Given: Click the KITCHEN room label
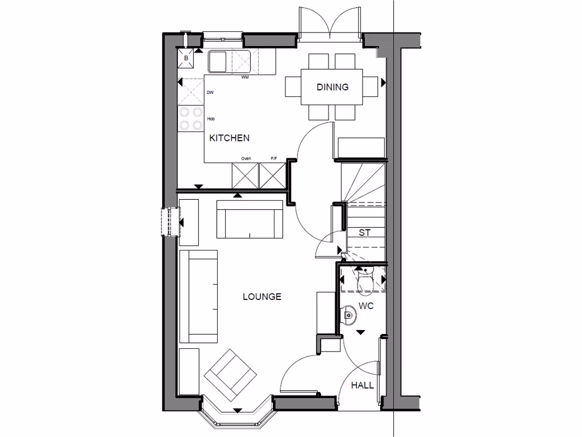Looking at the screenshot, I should coord(229,138).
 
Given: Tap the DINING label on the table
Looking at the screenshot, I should coord(332,87).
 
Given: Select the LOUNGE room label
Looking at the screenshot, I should coord(261,296).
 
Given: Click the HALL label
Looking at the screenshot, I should coord(362,385).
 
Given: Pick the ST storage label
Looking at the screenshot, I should coord(364,232).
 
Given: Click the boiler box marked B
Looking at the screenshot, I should coord(186,58).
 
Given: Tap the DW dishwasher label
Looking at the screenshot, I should coord(210,93).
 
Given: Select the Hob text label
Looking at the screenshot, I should coord(210,119).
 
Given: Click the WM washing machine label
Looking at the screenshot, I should coord(245,77).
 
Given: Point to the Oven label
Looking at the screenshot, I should coord(246,159).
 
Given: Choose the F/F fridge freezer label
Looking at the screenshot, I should coord(274,159).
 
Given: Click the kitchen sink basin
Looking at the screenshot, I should coord(217,61).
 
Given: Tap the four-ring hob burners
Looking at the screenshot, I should coord(191,118).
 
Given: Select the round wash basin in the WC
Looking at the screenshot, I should coord(348,312).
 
